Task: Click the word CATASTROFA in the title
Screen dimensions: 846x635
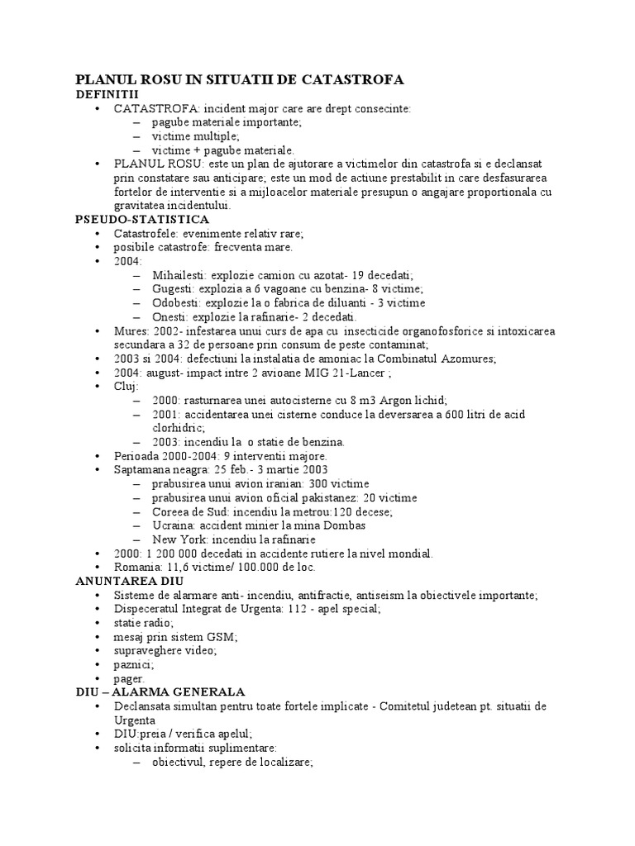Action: pos(353,80)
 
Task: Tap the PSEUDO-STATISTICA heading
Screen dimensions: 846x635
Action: pos(142,219)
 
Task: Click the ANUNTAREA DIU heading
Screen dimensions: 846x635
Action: pos(124,581)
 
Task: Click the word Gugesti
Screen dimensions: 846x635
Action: pos(174,288)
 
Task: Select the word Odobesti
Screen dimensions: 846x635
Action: pos(177,302)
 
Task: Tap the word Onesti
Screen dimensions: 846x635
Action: pos(171,316)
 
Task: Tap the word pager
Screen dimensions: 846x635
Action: pos(129,678)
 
